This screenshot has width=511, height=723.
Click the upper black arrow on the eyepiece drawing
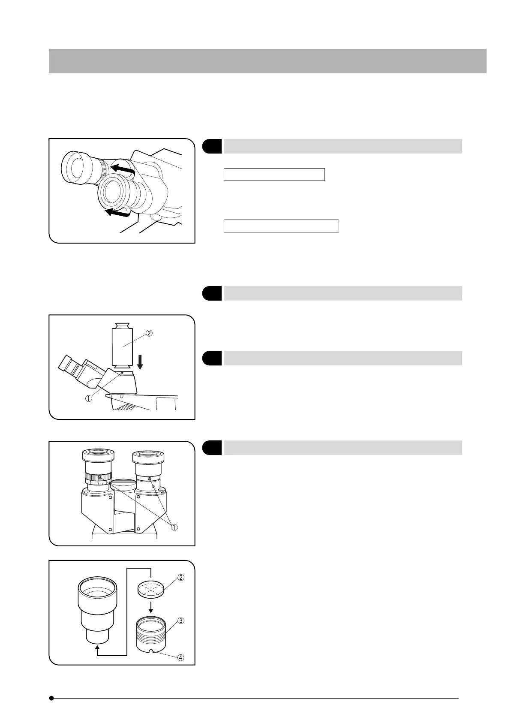(x=122, y=169)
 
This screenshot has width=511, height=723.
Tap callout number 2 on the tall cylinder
(x=150, y=333)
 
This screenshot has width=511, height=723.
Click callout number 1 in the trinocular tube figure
(x=88, y=398)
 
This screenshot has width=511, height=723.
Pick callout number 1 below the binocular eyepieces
(x=174, y=527)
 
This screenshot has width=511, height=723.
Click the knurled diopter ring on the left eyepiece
(x=98, y=477)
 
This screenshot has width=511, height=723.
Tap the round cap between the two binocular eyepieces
(x=123, y=485)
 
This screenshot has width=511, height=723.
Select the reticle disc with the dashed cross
(x=150, y=587)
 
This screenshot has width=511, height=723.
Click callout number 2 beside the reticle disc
(x=181, y=578)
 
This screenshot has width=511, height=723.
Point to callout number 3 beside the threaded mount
(x=181, y=621)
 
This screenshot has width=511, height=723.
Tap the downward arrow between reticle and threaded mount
(x=150, y=606)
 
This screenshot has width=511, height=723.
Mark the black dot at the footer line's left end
(x=51, y=698)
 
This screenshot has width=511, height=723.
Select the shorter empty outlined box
(x=274, y=175)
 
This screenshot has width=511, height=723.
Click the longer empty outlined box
(x=281, y=226)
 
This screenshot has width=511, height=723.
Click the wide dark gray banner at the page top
(x=268, y=61)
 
